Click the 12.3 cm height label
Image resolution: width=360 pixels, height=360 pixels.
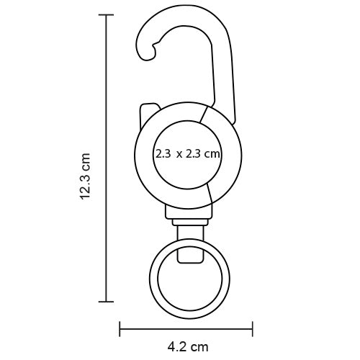coord(85,176)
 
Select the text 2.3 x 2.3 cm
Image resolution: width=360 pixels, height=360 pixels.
coord(187,154)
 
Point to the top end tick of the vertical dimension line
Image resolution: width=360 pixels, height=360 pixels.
coord(107,15)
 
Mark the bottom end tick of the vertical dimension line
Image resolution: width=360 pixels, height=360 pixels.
coord(107,302)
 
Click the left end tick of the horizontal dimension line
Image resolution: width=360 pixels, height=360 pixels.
coord(120,328)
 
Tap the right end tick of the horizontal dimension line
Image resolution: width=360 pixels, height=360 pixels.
coord(253,328)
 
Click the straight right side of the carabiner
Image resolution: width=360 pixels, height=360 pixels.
coord(229,79)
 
